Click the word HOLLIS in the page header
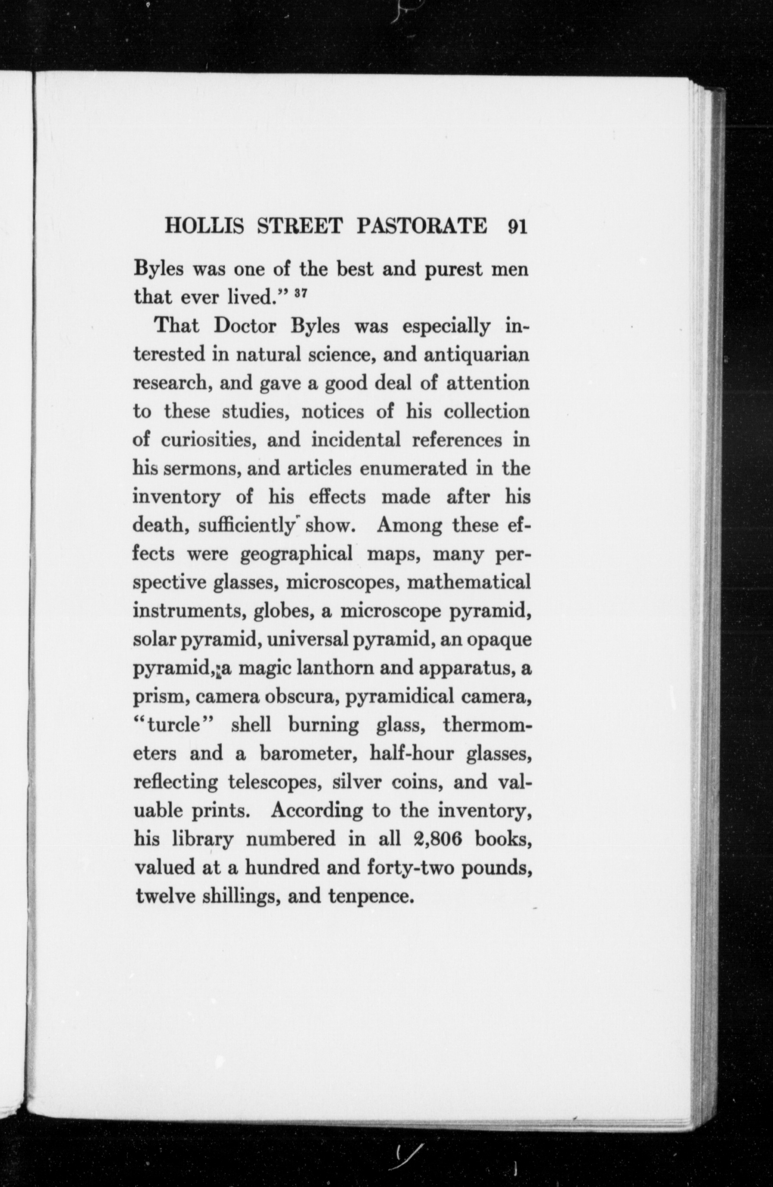click(x=204, y=227)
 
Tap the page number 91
click(x=517, y=227)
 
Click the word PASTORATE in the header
click(x=422, y=227)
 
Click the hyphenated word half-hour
click(x=412, y=754)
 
